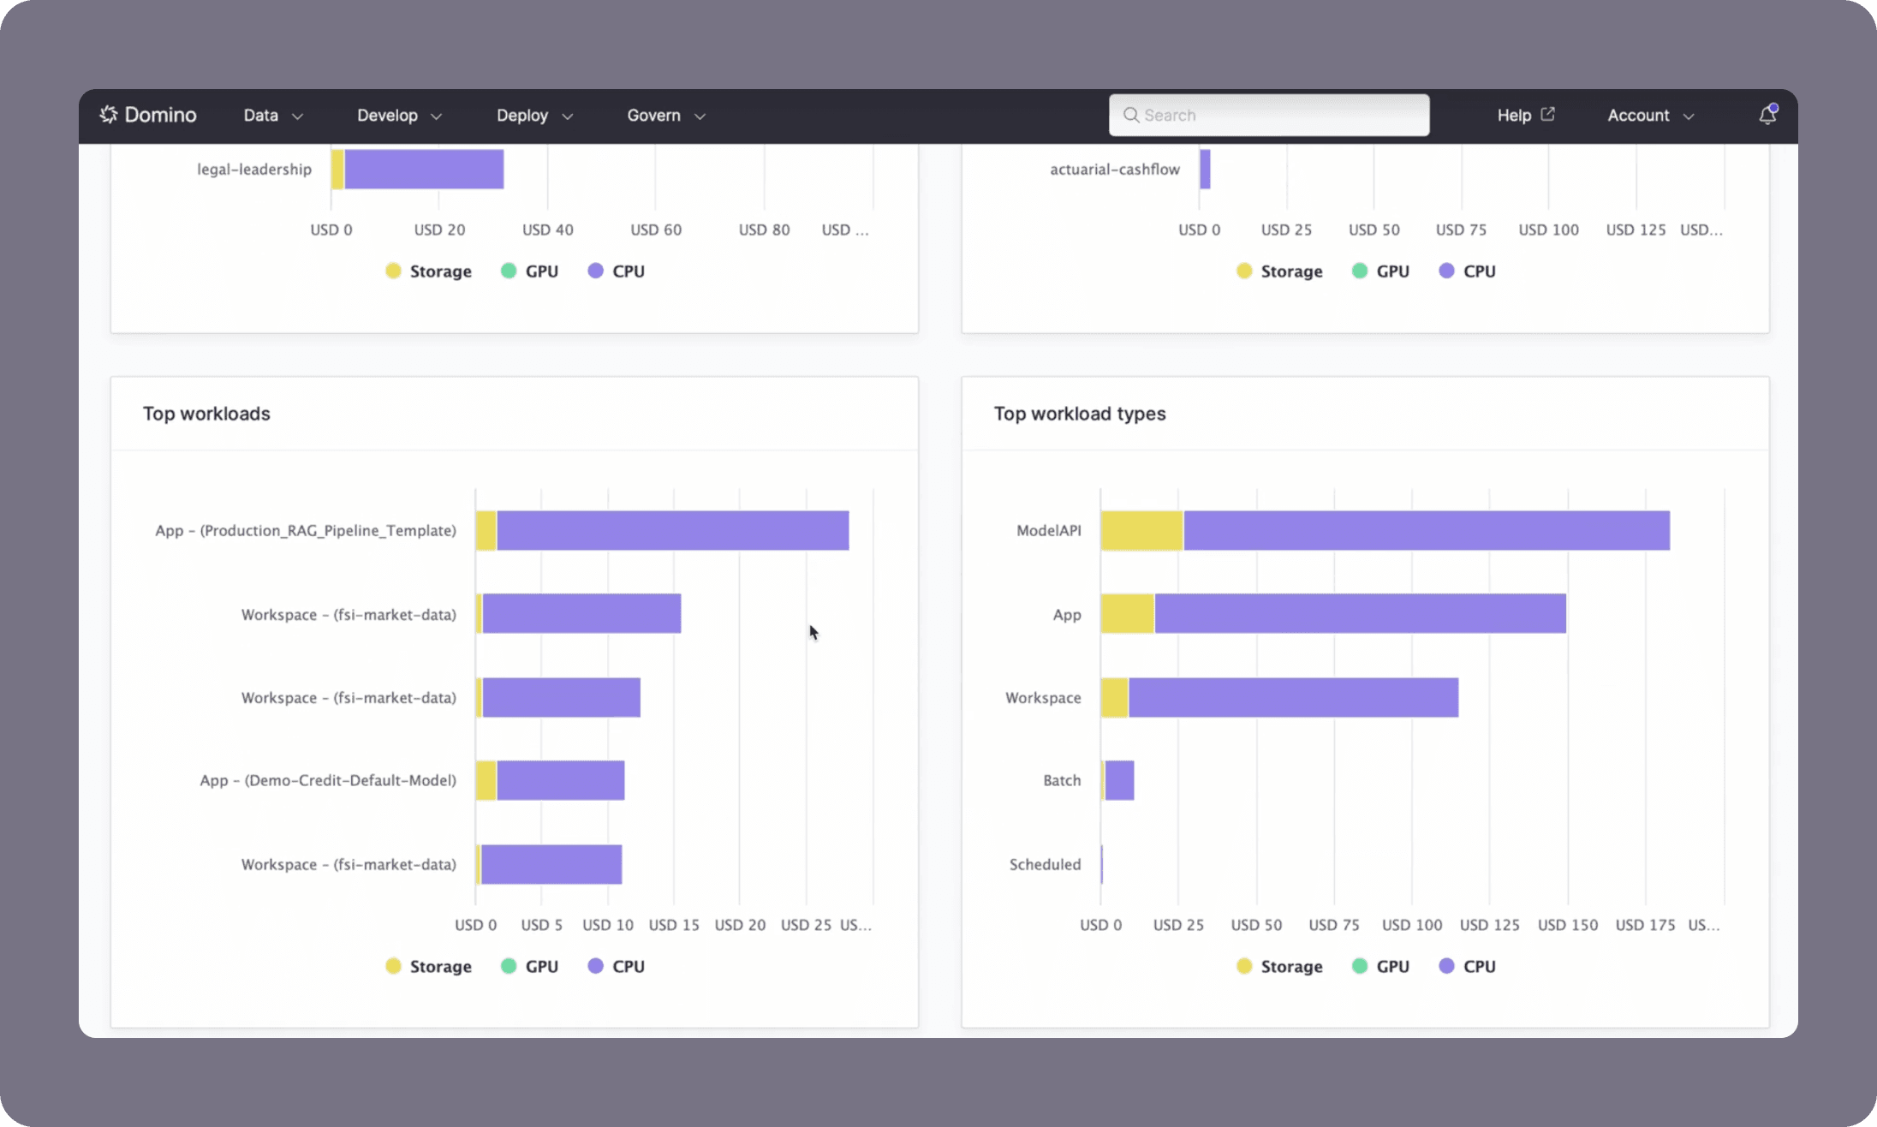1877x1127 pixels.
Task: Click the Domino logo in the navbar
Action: [x=148, y=115]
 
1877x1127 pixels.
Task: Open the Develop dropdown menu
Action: [x=399, y=115]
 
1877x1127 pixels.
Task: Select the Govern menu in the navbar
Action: [x=665, y=115]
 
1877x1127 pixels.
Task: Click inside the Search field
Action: [x=1276, y=115]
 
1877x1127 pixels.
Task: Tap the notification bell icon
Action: [x=1767, y=115]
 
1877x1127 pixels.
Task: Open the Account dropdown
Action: [x=1649, y=115]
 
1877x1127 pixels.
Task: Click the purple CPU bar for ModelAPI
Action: [x=1426, y=530]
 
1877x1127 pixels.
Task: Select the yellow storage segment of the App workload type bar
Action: [x=1127, y=613]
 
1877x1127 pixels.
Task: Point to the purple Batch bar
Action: [x=1120, y=780]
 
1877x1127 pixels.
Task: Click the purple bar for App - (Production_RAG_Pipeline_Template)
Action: [x=672, y=530]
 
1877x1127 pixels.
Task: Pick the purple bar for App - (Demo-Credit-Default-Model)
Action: [x=560, y=780]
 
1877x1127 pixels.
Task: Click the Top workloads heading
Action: [x=206, y=414]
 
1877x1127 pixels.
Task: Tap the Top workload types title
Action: [x=1079, y=414]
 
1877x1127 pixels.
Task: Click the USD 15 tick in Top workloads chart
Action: [x=674, y=925]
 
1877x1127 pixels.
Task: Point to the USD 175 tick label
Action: [x=1645, y=925]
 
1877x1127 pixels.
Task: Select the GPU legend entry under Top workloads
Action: [x=529, y=966]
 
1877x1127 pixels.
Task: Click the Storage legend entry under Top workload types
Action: [x=1279, y=966]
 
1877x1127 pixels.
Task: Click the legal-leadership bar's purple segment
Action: [x=424, y=169]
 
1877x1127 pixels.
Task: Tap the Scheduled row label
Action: [x=1045, y=864]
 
